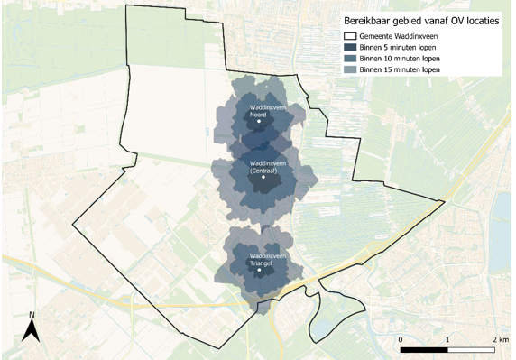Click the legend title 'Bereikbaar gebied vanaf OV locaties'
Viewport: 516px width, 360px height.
click(419, 19)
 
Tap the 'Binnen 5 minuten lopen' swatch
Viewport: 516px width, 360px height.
click(348, 45)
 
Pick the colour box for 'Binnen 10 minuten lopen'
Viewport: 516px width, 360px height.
click(348, 57)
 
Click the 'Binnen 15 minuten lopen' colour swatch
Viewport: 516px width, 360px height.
click(348, 69)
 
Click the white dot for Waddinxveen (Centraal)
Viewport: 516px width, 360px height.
click(263, 178)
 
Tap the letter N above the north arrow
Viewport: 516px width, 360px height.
click(31, 316)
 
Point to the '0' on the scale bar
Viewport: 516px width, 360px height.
click(401, 337)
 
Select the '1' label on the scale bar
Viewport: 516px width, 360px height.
click(448, 337)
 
